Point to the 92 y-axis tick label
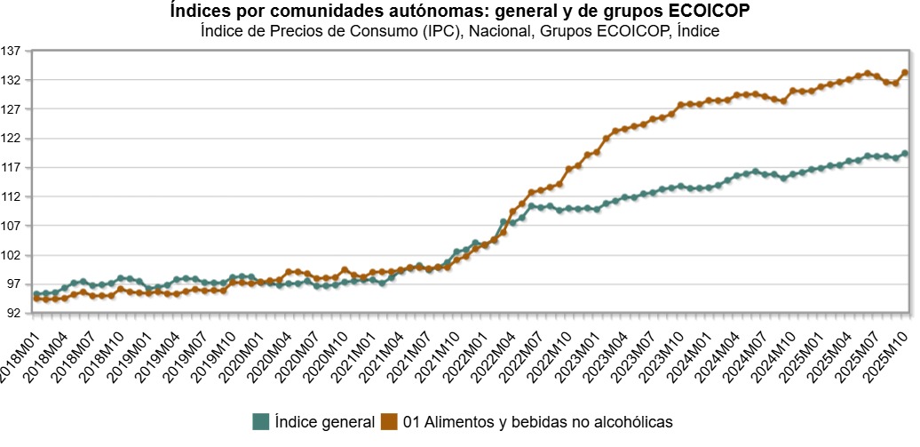click(x=13, y=314)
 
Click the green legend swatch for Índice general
click(x=260, y=421)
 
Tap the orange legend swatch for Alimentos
click(x=389, y=421)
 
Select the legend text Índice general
click(x=324, y=421)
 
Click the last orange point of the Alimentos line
click(x=905, y=73)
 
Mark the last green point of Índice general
click(x=905, y=154)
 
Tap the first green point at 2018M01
click(x=36, y=294)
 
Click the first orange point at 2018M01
click(x=36, y=299)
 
